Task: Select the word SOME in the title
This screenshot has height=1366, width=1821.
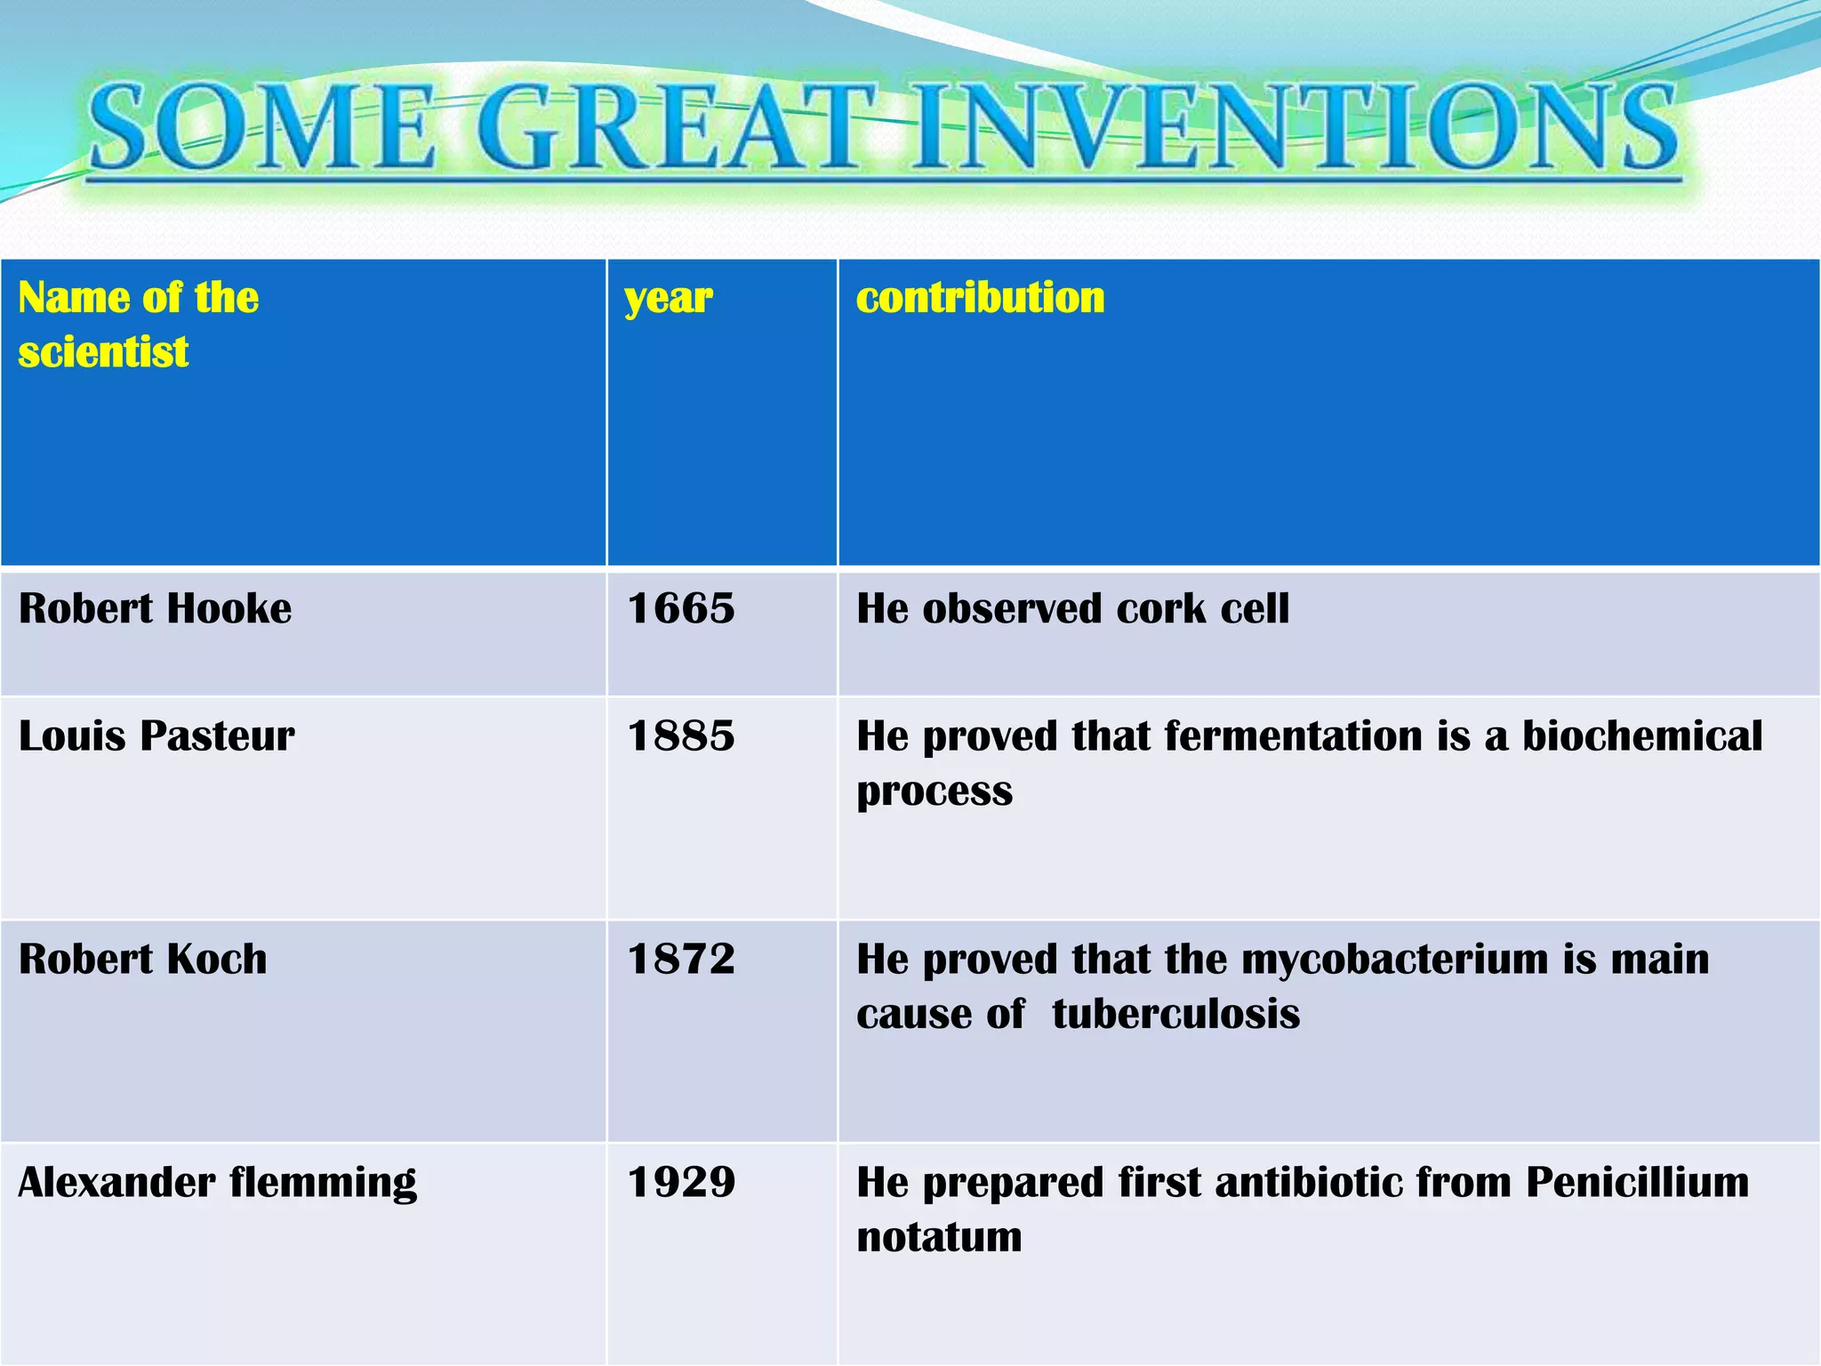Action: tap(262, 127)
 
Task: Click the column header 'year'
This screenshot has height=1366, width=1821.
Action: tap(668, 299)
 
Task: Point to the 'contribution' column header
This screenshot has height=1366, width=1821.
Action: tap(980, 297)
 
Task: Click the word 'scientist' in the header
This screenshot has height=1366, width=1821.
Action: tap(103, 352)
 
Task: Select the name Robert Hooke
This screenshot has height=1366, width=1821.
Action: tap(155, 609)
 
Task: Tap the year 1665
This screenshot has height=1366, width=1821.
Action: tap(681, 609)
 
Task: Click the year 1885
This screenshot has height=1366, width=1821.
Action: tap(681, 736)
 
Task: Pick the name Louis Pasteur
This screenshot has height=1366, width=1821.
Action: tap(156, 736)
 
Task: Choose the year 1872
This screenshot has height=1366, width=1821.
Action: tap(681, 960)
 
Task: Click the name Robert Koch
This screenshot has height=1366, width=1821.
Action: tap(142, 960)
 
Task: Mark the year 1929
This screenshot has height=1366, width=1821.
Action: tap(681, 1183)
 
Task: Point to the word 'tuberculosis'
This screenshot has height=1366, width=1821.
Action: tap(1175, 1015)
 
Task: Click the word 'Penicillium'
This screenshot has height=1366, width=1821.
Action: tap(1637, 1183)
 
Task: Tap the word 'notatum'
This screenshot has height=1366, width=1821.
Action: tap(939, 1238)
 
